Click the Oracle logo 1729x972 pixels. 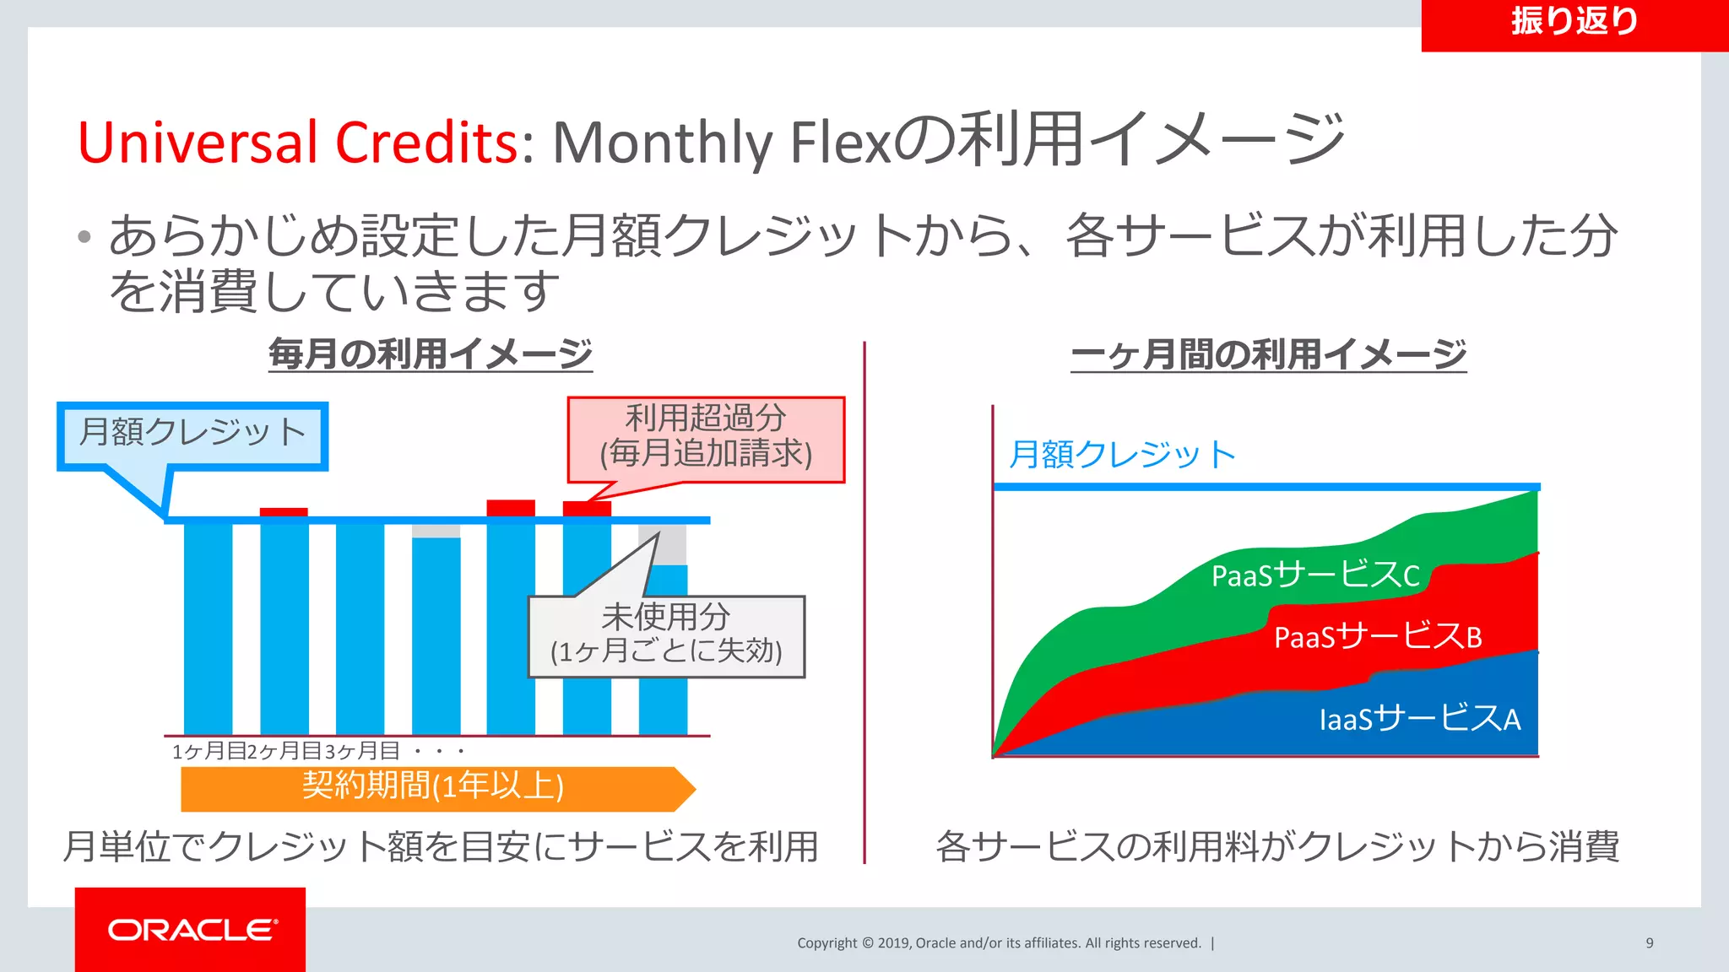(192, 929)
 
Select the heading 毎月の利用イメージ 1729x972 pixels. (431, 354)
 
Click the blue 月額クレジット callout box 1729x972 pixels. (192, 434)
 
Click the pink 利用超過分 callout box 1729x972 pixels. (706, 437)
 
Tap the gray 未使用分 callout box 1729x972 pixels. (666, 635)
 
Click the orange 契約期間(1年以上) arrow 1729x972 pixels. (435, 788)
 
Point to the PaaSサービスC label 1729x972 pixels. (1314, 575)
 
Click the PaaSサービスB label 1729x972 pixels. (1377, 636)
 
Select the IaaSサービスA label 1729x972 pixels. (1419, 719)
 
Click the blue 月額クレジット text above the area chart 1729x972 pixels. (1122, 455)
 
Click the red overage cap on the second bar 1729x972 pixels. (284, 512)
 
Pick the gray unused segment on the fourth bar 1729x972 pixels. (436, 531)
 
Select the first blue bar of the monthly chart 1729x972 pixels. (208, 629)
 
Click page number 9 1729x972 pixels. (1649, 943)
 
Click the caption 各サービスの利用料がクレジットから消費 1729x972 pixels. (1276, 846)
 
